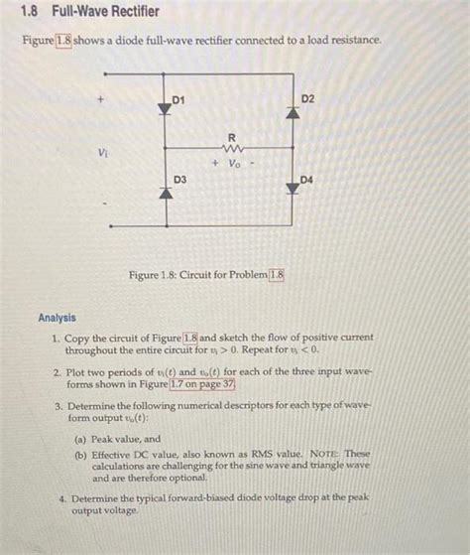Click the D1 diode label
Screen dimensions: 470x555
(177, 99)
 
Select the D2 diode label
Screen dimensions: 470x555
(307, 99)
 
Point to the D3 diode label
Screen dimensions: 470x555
(180, 179)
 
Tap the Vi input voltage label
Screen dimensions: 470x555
(103, 153)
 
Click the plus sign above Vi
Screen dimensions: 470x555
(101, 100)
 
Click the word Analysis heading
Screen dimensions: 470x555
(57, 318)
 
